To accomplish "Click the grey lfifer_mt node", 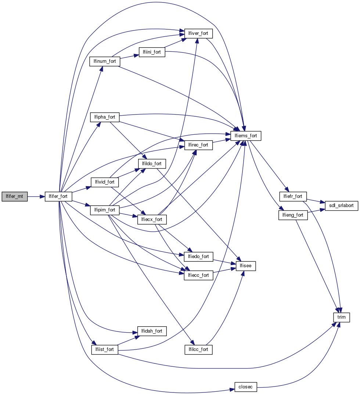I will (x=14, y=196).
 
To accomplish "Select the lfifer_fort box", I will (x=58, y=196).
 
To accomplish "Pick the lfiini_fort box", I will (x=152, y=52).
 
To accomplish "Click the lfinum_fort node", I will (x=105, y=61).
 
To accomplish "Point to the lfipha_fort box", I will (x=105, y=117).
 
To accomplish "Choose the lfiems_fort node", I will (x=246, y=136).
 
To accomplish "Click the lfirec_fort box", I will (x=198, y=145).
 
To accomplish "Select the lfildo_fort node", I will (x=152, y=163).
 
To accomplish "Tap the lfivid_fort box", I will (x=105, y=182).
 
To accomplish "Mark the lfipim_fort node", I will (x=105, y=210).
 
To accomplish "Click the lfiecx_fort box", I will (x=152, y=220).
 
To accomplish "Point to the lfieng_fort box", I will (x=293, y=215).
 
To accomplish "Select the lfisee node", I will (x=246, y=266).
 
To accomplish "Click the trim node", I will (x=341, y=316).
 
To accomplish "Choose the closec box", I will (x=246, y=387).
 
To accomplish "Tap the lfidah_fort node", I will (x=152, y=331).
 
